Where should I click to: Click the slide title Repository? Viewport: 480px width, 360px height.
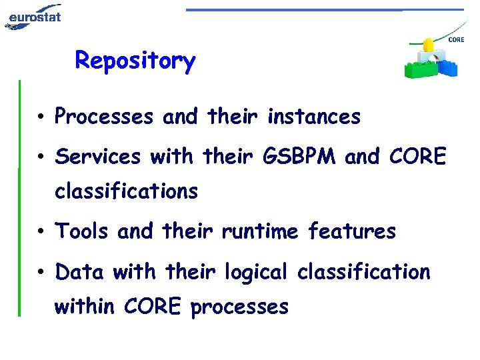[x=135, y=61]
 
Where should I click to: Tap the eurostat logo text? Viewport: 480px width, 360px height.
[x=35, y=15]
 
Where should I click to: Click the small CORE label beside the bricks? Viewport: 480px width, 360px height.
[x=456, y=40]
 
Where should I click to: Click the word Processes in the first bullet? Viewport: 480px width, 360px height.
[x=104, y=117]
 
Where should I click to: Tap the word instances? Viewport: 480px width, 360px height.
[x=313, y=117]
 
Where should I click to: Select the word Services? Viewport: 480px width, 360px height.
[x=98, y=157]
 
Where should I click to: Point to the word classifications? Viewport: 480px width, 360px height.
[x=126, y=192]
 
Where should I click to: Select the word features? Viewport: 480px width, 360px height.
[x=351, y=232]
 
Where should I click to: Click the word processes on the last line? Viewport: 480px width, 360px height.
[x=239, y=308]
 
